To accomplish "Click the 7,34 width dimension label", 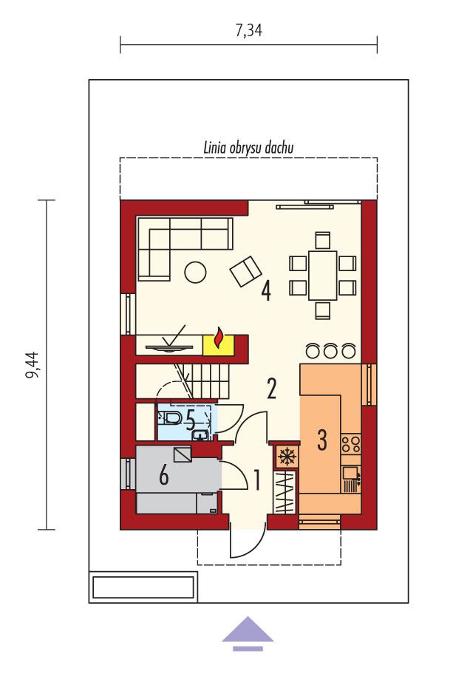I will pos(249,31).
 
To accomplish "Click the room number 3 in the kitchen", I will pos(321,439).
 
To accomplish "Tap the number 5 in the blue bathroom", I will pos(191,422).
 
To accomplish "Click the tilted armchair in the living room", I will pos(246,271).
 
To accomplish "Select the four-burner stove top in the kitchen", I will pos(351,443).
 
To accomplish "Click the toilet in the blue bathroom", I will pos(171,420).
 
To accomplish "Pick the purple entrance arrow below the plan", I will pos(248,632).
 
